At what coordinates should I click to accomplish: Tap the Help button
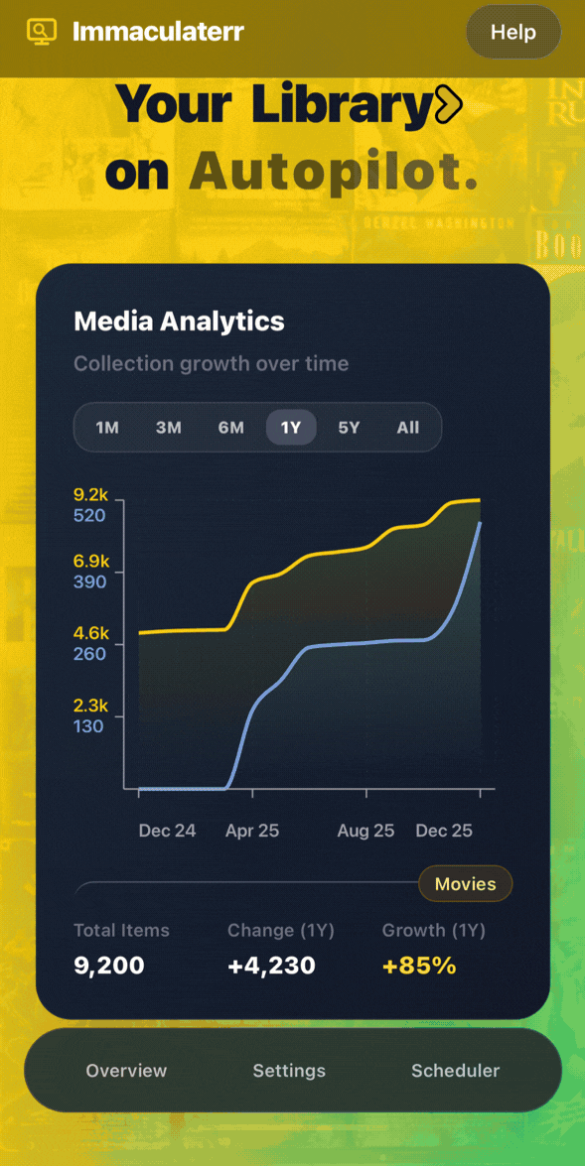click(512, 32)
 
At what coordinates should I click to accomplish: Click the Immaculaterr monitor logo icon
click(42, 31)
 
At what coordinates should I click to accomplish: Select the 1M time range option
click(107, 428)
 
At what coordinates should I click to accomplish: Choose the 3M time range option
click(169, 428)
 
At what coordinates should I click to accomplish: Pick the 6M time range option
click(230, 428)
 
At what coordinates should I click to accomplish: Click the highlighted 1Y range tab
click(291, 428)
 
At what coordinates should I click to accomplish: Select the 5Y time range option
click(349, 428)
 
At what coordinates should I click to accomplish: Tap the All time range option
click(408, 428)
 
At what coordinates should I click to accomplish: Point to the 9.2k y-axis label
click(90, 495)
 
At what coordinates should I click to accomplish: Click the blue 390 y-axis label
click(89, 582)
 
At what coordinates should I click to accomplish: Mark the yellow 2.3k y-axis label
click(90, 706)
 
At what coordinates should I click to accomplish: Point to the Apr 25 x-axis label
click(252, 831)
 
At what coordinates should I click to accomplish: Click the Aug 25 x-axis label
click(366, 831)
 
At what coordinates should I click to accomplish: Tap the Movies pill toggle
click(465, 884)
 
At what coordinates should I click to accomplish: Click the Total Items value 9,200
click(108, 966)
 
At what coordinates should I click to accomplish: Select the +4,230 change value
click(272, 966)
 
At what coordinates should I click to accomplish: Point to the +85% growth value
click(419, 966)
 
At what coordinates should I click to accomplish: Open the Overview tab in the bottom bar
click(126, 1071)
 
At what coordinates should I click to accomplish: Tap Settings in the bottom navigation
click(290, 1072)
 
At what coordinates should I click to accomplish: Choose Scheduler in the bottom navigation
click(456, 1071)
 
